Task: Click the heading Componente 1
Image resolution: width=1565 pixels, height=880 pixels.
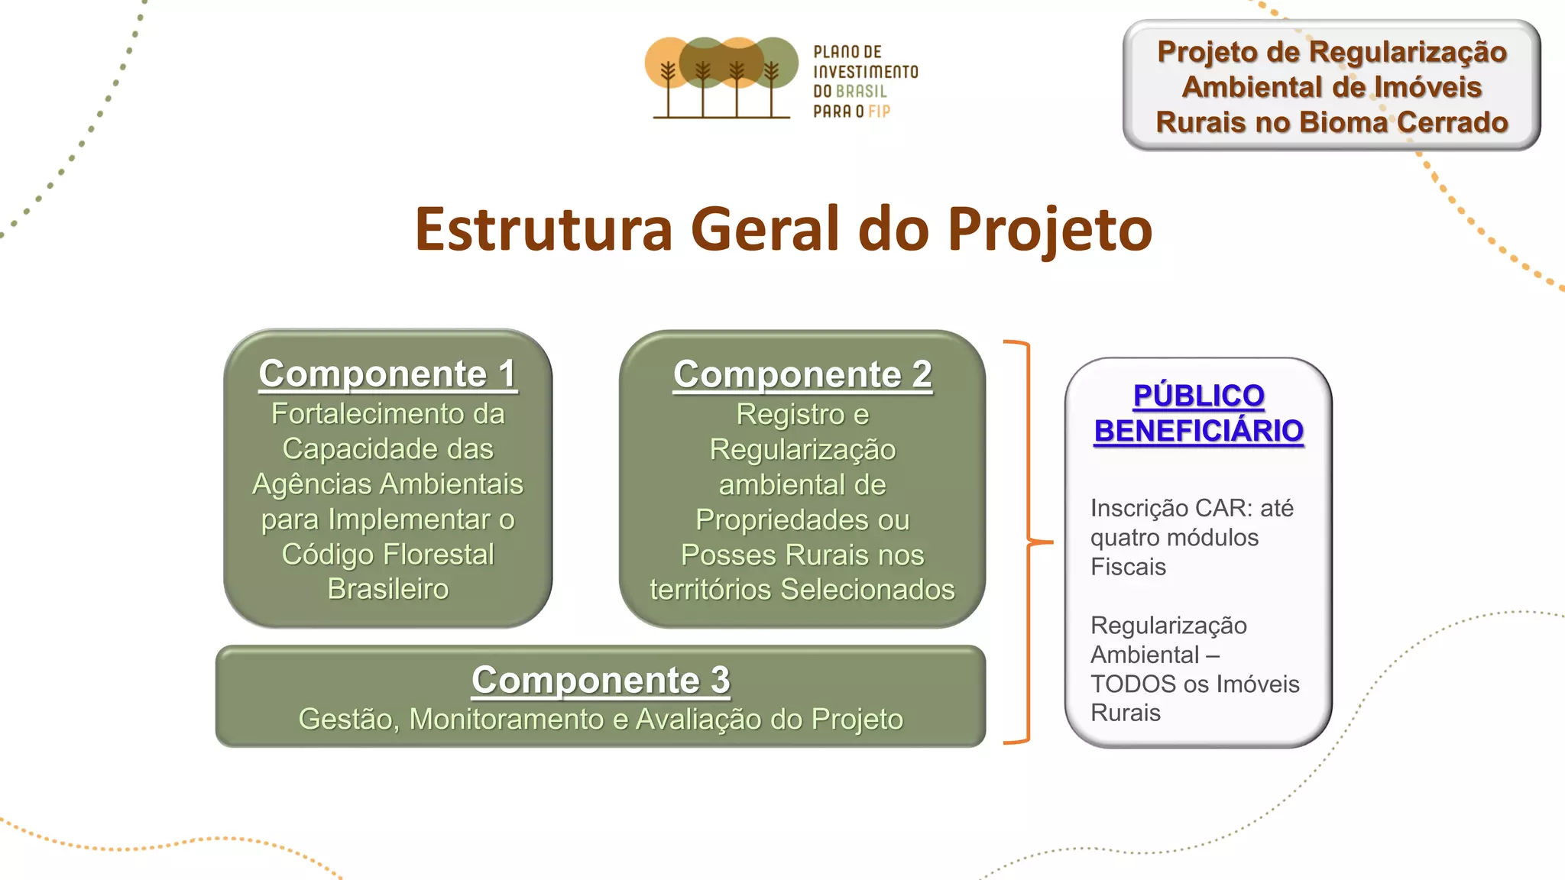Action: coord(387,374)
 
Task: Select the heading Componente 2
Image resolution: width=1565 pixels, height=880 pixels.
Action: coord(802,375)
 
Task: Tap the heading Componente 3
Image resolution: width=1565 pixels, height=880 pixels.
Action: coord(601,680)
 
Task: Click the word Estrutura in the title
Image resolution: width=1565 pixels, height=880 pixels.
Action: coord(543,229)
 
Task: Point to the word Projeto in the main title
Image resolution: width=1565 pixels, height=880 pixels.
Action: coord(1050,229)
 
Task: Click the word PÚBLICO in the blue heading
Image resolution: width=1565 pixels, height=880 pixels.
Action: coord(1198,396)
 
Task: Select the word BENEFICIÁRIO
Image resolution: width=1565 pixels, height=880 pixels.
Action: coord(1198,432)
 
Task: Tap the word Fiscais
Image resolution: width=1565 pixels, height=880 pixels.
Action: coord(1128,567)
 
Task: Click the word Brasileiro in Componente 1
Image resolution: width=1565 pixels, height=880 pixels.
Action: coord(388,589)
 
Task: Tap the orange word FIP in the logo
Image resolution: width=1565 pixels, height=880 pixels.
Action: coord(879,112)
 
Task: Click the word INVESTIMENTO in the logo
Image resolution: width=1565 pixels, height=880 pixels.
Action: coord(865,72)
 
